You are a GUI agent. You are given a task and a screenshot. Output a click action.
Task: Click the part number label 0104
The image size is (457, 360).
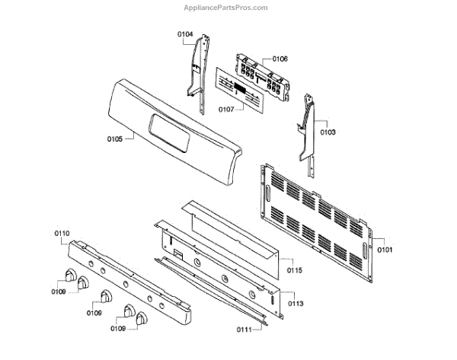point(185,34)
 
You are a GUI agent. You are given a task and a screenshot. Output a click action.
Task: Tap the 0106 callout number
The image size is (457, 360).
point(280,59)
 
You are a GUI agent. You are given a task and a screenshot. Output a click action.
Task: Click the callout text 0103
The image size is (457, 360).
point(328,132)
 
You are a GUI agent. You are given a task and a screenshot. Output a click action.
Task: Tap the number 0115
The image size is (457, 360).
point(295,270)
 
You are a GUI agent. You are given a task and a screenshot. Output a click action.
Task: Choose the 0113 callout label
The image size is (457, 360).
point(295,303)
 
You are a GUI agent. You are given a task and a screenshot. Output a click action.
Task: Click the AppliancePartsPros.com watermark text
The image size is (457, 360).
point(226,8)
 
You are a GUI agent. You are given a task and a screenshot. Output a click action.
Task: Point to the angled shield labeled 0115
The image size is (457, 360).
point(236,228)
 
